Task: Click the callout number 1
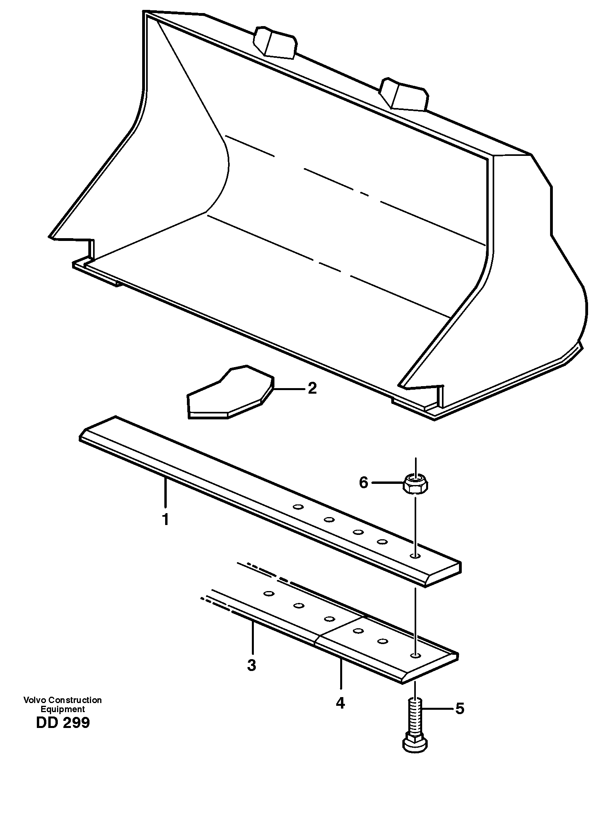pos(166,519)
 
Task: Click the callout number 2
pos(312,388)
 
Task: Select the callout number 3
pos(251,665)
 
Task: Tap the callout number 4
pos(340,703)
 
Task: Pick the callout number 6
pos(364,483)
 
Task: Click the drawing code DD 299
pos(63,723)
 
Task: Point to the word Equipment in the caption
pos(63,709)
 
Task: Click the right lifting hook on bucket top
pos(404,94)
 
